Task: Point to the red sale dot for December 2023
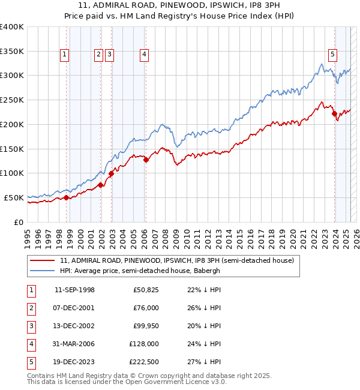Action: (334, 113)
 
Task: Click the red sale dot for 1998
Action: (66, 197)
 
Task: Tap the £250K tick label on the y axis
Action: (11, 100)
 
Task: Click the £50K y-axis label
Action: (14, 197)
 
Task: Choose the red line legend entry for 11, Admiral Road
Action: (176, 260)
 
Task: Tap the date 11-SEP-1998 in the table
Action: (74, 290)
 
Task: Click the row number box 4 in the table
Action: (29, 344)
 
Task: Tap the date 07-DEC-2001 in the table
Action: (74, 308)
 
